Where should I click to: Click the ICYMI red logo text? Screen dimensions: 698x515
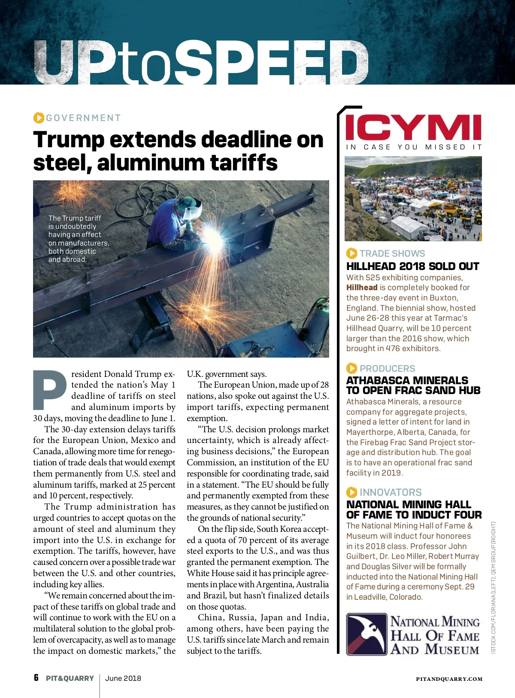[413, 127]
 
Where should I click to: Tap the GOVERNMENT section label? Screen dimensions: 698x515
[83, 118]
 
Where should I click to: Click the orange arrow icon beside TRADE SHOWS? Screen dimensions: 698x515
[351, 253]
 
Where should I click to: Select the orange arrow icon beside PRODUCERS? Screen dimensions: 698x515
[351, 368]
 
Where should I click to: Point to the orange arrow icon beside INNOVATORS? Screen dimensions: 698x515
[351, 492]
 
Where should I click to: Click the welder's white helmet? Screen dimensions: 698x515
[192, 209]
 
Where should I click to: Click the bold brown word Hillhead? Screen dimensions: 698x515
[362, 288]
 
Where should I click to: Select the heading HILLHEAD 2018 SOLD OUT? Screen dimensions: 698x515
[412, 267]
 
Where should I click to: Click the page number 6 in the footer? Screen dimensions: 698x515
[36, 678]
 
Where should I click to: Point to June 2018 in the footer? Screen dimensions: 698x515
[123, 678]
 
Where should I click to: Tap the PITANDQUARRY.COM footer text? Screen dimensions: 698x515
[449, 679]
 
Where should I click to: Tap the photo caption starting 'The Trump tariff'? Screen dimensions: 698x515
[78, 239]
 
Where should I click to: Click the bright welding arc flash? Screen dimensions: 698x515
[213, 236]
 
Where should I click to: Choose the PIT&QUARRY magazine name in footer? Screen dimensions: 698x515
[70, 678]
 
